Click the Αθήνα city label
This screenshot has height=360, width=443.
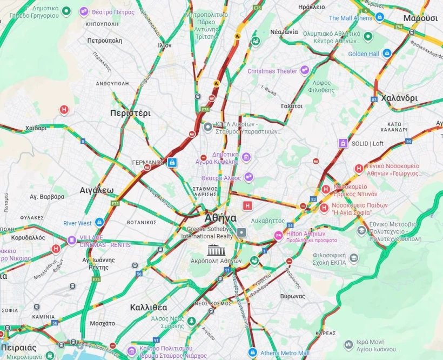tap(220, 218)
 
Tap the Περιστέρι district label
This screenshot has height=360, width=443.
tap(130, 114)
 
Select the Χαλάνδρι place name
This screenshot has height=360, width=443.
tap(399, 98)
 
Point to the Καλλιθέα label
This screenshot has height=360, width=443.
tap(149, 307)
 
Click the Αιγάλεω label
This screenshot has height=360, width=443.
tap(97, 190)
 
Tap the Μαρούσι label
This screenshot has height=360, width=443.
tap(420, 18)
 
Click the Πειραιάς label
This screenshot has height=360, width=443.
tap(18, 348)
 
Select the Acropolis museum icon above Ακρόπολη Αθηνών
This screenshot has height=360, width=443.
tap(216, 250)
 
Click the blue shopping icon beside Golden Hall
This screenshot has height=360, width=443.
tap(386, 54)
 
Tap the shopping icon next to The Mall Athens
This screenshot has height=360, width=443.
tap(380, 18)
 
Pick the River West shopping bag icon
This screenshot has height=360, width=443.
tap(99, 223)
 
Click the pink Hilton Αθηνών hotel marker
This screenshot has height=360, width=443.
tap(279, 235)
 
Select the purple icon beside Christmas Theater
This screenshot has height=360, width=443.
tap(305, 71)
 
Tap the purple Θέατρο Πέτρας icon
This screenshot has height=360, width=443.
tap(84, 11)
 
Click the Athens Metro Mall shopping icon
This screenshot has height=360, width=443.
tap(252, 352)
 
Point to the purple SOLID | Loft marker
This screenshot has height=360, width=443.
tap(342, 143)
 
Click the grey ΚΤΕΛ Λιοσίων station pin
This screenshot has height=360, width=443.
tap(208, 128)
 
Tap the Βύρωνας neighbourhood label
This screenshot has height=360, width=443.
tap(293, 296)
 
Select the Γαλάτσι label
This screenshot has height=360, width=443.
tap(292, 106)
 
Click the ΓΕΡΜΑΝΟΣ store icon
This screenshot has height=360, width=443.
tap(172, 162)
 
